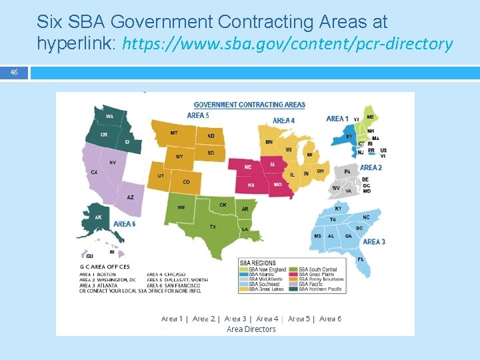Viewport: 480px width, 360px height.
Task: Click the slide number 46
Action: point(14,73)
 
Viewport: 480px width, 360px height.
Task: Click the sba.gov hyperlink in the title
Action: point(288,44)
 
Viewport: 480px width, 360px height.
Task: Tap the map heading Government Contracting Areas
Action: point(249,105)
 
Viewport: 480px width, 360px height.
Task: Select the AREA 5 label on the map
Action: point(198,115)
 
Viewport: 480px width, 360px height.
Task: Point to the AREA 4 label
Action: point(283,121)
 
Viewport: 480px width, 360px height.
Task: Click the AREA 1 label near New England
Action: point(337,119)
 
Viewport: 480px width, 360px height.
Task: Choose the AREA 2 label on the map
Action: point(371,167)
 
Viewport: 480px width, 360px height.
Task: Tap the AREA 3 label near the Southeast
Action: point(374,241)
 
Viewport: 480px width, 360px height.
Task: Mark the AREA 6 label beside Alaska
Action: point(124,224)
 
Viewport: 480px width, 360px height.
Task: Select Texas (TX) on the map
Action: point(212,227)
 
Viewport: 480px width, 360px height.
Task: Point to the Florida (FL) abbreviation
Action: point(361,259)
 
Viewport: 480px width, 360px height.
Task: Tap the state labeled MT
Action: point(174,133)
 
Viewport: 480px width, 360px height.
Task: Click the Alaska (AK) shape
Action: point(98,218)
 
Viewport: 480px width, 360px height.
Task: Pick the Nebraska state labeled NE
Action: point(248,167)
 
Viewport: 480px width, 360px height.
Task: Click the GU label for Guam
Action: point(89,255)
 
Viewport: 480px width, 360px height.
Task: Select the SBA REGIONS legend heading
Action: point(258,263)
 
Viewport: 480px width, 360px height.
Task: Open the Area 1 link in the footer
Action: point(171,319)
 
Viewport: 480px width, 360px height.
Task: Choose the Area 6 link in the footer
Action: point(330,319)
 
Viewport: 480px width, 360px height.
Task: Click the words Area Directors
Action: point(251,329)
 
